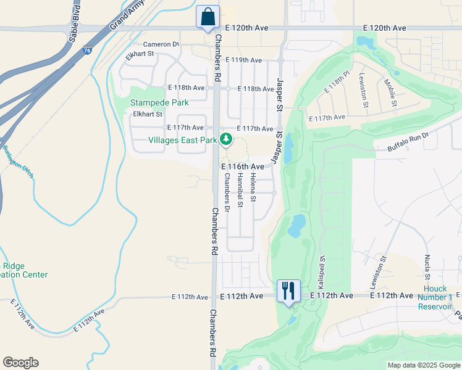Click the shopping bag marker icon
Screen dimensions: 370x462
click(x=208, y=17)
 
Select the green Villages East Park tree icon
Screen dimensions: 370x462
click(x=227, y=139)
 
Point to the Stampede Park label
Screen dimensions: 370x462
click(x=159, y=102)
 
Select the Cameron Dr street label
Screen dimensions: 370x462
click(x=161, y=44)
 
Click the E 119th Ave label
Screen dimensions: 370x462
click(x=243, y=60)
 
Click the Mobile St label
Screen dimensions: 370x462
click(x=390, y=92)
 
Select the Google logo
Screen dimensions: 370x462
click(x=20, y=363)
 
